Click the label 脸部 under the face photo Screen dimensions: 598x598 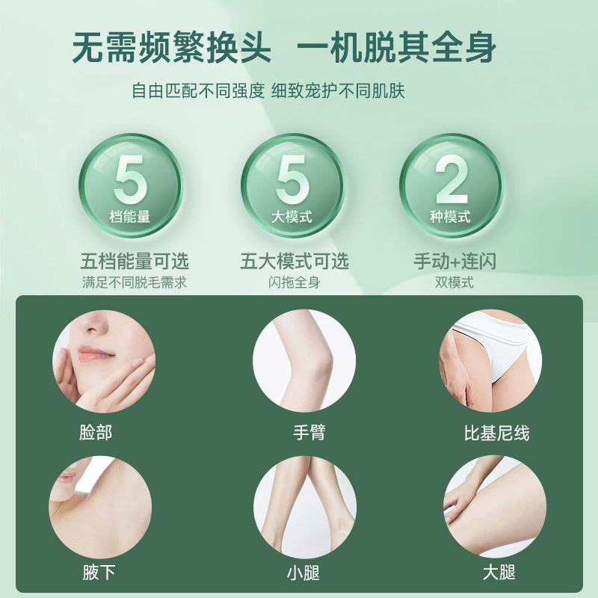[96, 433]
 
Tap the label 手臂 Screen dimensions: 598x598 [309, 433]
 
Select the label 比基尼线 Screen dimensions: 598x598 [496, 434]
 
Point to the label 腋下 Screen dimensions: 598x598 [99, 572]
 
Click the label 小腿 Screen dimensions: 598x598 [303, 573]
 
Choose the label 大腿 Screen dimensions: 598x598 [499, 572]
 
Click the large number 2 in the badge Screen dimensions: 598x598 [452, 179]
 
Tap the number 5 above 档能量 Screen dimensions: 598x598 [129, 179]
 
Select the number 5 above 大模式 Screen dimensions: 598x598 [292, 179]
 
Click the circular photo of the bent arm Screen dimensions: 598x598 [304, 361]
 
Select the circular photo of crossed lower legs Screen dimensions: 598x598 [304, 508]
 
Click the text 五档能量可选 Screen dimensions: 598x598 [135, 261]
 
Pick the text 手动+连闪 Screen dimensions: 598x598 [454, 261]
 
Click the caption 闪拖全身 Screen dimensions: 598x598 [294, 283]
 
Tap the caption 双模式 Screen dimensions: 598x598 [454, 283]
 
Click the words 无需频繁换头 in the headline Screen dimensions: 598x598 [172, 48]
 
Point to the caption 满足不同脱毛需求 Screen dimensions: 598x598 [135, 283]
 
